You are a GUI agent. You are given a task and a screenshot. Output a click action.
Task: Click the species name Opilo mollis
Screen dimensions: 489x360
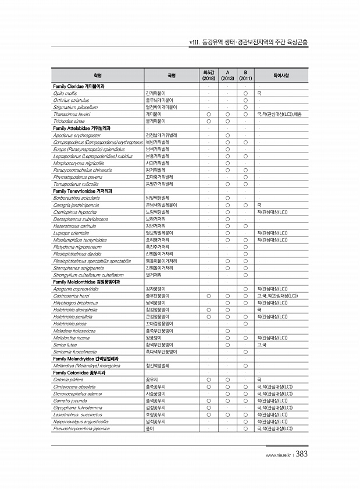pos(66,93)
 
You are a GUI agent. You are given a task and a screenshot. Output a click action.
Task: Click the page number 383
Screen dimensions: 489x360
pos(301,455)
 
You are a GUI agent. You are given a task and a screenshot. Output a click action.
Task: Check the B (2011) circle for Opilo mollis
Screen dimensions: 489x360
pos(246,93)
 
